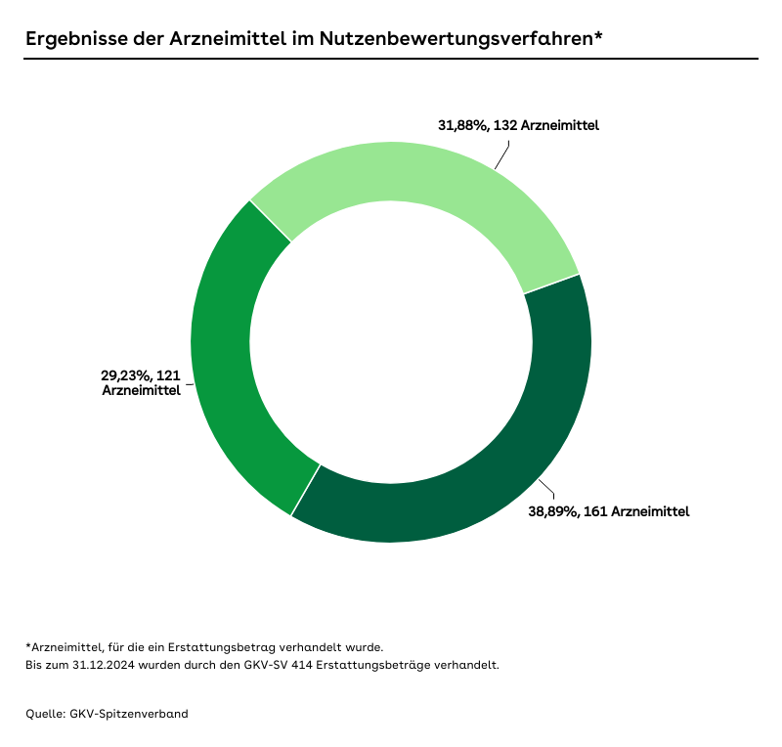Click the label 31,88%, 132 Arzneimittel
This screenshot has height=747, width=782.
tap(518, 126)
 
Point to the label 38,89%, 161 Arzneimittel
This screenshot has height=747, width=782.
tap(609, 511)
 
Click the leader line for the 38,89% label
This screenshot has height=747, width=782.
tap(547, 489)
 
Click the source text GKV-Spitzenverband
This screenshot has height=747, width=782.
tap(129, 714)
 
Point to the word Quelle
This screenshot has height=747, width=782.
tap(45, 714)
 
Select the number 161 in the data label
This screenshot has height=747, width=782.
tap(595, 511)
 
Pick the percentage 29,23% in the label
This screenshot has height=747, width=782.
tap(123, 374)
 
